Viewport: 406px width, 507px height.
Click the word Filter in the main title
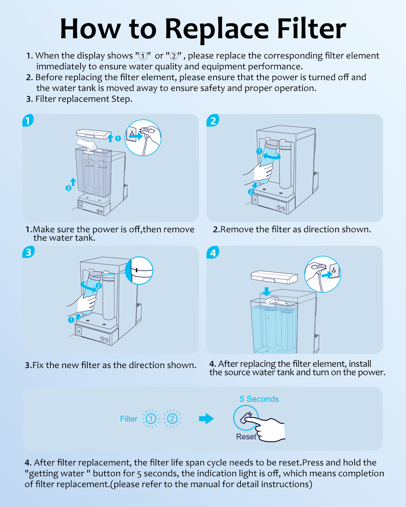pyautogui.click(x=311, y=29)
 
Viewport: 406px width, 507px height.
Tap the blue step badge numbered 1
pyautogui.click(x=28, y=120)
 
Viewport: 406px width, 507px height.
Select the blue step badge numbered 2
pyautogui.click(x=213, y=120)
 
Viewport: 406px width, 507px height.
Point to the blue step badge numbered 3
pyautogui.click(x=28, y=252)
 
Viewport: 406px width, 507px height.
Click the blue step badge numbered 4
pyautogui.click(x=213, y=252)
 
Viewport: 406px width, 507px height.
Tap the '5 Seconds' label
pyautogui.click(x=259, y=399)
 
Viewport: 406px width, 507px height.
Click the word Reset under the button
pyautogui.click(x=246, y=437)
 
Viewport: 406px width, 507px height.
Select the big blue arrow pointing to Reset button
pyautogui.click(x=206, y=419)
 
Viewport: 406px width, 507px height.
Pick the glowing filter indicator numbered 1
pyautogui.click(x=151, y=419)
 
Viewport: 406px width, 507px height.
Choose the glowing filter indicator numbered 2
pyautogui.click(x=172, y=419)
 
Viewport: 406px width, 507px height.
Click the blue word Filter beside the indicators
pyautogui.click(x=129, y=419)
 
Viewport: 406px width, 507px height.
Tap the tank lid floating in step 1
pyautogui.click(x=94, y=134)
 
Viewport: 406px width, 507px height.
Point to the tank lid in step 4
pyautogui.click(x=274, y=277)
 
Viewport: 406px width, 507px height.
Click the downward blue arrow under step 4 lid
pyautogui.click(x=267, y=291)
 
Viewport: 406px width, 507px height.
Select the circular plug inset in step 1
pyautogui.click(x=143, y=138)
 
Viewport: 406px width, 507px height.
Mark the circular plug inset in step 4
pyautogui.click(x=322, y=274)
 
